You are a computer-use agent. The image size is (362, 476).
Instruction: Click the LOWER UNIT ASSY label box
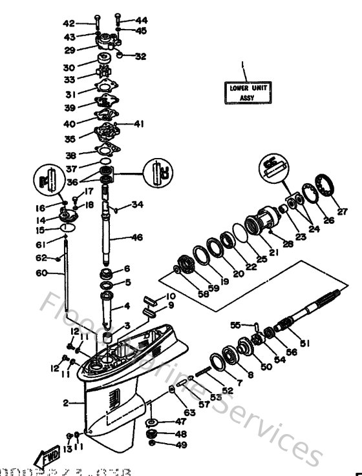239,92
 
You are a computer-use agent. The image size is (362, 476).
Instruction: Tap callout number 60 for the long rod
41,272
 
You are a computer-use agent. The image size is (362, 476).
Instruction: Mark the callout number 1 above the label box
243,65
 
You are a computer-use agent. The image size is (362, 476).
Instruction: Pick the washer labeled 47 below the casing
153,422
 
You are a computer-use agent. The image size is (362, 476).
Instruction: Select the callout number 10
171,296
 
